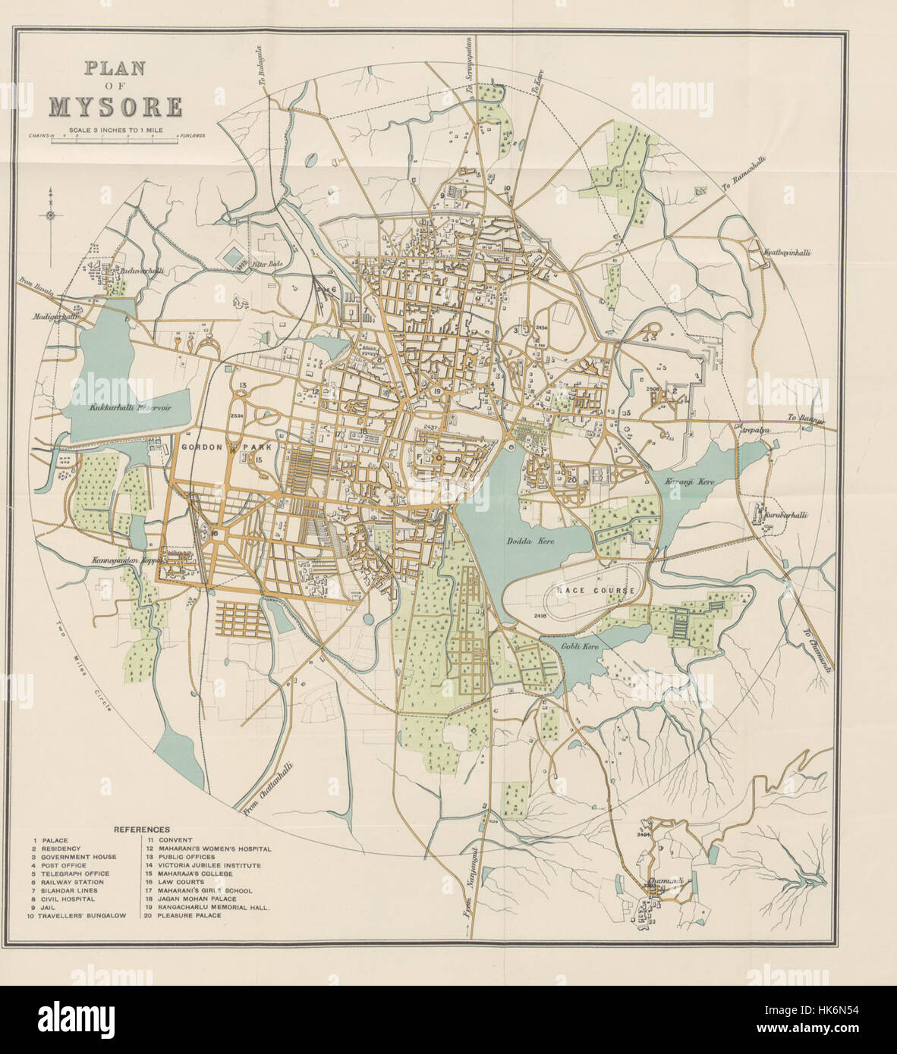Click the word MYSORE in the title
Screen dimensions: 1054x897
point(115,105)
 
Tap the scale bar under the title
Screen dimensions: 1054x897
point(114,138)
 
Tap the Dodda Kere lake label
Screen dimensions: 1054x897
point(523,541)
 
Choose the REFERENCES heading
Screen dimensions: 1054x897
point(141,829)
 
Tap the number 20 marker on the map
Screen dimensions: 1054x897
point(571,478)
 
